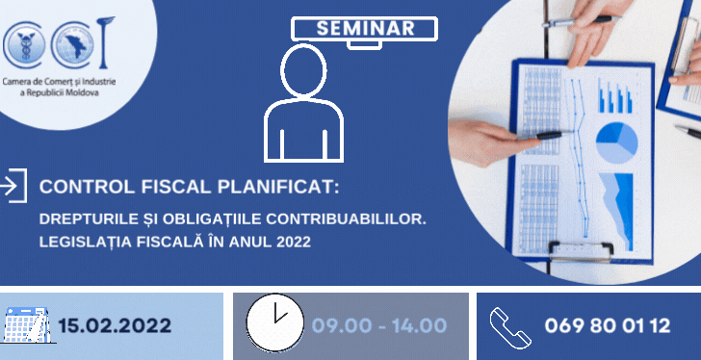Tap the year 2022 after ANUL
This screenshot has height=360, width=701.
coord(292,242)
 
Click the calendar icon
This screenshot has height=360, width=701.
coord(25,324)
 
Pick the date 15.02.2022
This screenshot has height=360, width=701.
coord(115,325)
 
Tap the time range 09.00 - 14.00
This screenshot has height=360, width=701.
coord(378,325)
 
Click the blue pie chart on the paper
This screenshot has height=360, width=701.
coord(616,143)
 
